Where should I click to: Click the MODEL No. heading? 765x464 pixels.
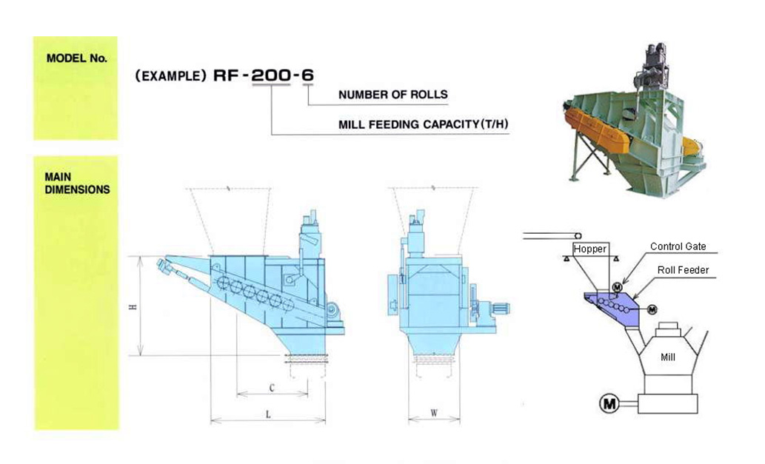coord(76,58)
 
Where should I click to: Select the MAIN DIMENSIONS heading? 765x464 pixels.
coord(77,184)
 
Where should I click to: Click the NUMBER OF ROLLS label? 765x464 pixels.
coord(392,95)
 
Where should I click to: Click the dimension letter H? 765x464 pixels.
coord(133,307)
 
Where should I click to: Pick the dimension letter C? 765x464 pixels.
coord(272,387)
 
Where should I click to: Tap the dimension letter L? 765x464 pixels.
coord(268,415)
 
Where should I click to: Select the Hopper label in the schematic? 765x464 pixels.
coord(589,249)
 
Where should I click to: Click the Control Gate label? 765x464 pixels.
coord(678,246)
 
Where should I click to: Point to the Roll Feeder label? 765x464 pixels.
coord(683,270)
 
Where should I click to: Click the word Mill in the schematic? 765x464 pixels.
coord(668,357)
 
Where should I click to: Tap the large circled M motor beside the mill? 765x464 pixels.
coord(609,403)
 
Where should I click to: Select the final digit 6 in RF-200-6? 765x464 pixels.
coord(308,75)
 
